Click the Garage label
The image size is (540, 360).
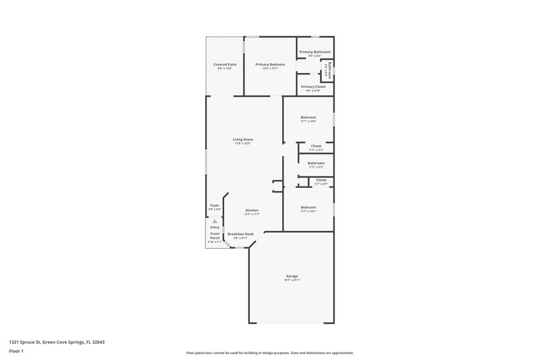click(x=292, y=276)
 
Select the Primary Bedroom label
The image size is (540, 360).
click(x=270, y=64)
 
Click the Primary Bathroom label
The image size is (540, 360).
click(x=315, y=52)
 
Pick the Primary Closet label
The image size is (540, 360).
click(x=313, y=86)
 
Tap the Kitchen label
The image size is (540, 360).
click(x=252, y=210)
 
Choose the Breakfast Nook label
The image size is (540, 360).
click(x=241, y=234)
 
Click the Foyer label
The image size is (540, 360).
click(x=215, y=205)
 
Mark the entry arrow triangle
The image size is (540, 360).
click(x=215, y=220)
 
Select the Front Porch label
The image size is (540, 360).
click(x=215, y=236)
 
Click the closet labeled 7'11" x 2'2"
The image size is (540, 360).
click(x=316, y=146)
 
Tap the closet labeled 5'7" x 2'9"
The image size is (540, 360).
click(x=321, y=180)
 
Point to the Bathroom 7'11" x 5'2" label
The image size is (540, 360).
click(x=316, y=163)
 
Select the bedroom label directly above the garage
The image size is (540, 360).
click(x=308, y=207)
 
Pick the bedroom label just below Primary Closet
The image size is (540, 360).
click(x=308, y=118)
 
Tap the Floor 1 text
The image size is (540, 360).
click(x=16, y=352)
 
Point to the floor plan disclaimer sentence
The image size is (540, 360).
click(x=269, y=353)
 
